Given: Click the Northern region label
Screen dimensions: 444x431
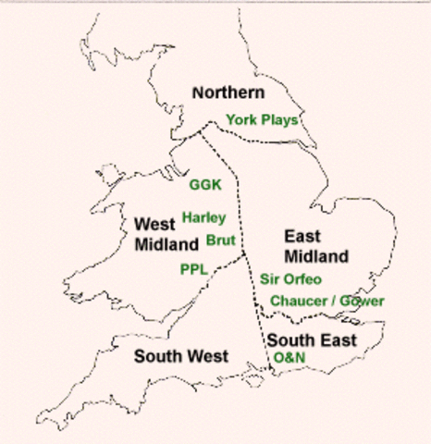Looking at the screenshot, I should coord(228,92).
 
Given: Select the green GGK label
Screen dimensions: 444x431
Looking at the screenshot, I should coord(205,184).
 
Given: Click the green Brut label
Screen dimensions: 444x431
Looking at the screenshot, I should coord(221,240).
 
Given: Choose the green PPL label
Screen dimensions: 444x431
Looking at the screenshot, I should coord(193,269).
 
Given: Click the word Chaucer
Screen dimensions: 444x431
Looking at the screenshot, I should coord(300,302).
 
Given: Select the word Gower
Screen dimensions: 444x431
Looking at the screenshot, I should coord(363,302).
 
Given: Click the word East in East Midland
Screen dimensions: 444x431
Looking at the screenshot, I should coord(303,237).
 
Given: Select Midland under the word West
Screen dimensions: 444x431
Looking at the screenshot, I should coord(166,245).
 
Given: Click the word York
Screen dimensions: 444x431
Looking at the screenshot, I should coord(241,119).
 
